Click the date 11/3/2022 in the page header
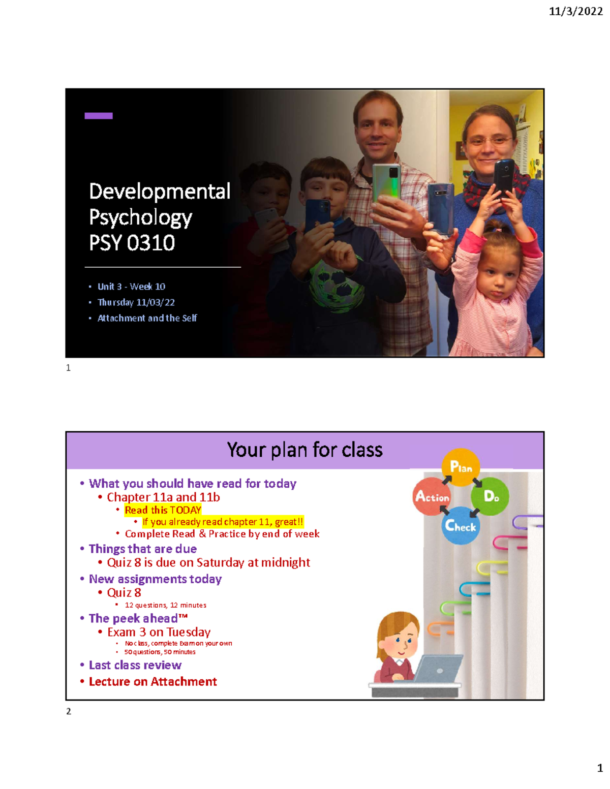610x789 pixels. (575, 11)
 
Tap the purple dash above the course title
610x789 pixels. (98, 116)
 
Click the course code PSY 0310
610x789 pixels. (132, 243)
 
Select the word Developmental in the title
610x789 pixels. (160, 192)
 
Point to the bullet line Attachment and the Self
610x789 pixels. (147, 318)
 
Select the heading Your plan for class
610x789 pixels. (304, 450)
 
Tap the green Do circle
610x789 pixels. (490, 496)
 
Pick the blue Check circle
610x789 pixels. (461, 526)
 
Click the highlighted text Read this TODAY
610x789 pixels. (163, 510)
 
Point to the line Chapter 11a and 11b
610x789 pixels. (163, 497)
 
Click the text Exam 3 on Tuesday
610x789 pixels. (159, 632)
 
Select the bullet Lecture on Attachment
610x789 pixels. (152, 682)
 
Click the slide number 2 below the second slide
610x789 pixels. (69, 711)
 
